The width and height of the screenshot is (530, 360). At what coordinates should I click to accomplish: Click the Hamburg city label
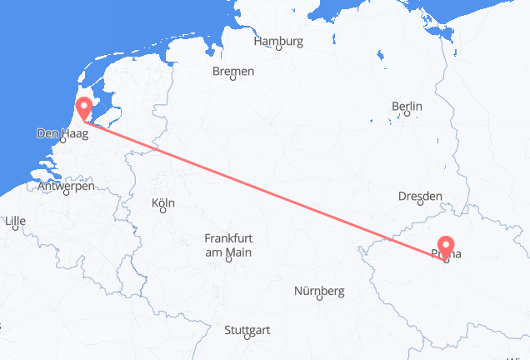click(278, 41)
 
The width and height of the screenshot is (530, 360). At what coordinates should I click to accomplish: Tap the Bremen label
click(233, 72)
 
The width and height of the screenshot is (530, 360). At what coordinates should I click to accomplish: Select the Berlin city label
click(407, 107)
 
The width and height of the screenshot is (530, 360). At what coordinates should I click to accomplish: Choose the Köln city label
click(163, 203)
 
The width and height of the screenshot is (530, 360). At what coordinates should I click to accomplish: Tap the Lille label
click(15, 222)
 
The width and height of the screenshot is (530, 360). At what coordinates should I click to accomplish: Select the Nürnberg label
click(320, 291)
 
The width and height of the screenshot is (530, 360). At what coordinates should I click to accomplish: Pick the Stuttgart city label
click(247, 330)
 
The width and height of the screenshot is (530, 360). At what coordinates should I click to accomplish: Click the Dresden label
click(420, 196)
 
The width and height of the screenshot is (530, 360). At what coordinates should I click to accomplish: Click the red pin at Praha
click(447, 247)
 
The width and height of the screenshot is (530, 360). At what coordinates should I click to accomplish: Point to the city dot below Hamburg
click(278, 50)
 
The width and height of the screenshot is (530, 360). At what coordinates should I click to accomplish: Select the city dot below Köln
click(163, 212)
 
